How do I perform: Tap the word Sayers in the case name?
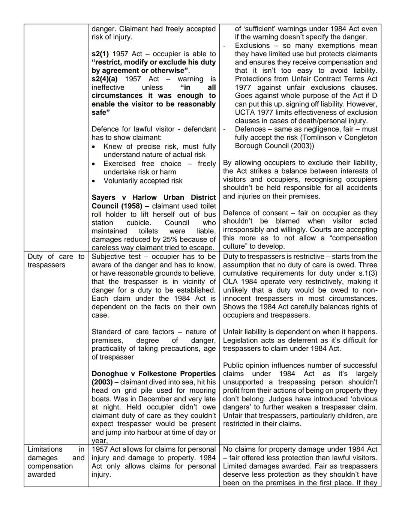(103, 198)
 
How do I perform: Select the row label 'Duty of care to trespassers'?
(56, 261)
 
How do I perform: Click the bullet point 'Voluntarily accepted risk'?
(143, 181)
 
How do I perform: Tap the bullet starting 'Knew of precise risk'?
(159, 147)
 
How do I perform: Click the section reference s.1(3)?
(366, 273)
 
